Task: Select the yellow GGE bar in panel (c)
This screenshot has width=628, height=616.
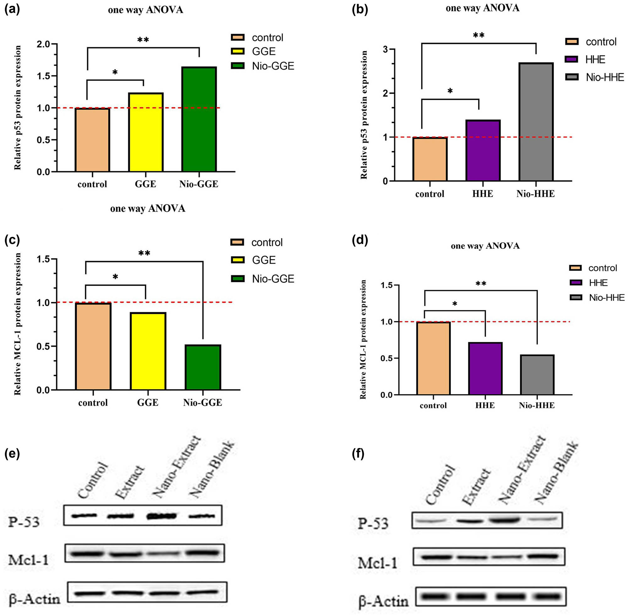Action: coord(148,351)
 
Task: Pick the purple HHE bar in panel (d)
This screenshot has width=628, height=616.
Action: coord(485,369)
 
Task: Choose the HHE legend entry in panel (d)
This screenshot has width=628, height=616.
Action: coord(598,283)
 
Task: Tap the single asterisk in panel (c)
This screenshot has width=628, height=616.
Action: coord(115,277)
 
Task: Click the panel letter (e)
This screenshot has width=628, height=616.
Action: coord(12,454)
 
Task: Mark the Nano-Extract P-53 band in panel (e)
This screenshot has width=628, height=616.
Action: coord(161,516)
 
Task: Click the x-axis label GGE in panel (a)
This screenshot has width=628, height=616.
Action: coord(145,184)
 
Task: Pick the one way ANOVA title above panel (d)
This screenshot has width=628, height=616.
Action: coord(485,246)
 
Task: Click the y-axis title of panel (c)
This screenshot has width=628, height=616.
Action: coord(18,323)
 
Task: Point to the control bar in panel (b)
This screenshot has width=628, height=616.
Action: coord(430,159)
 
